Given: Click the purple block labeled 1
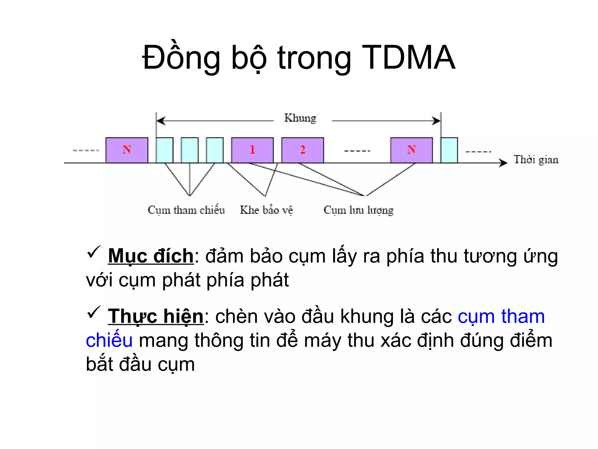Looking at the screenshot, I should pyautogui.click(x=252, y=150).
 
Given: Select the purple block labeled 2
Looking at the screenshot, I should pyautogui.click(x=303, y=150).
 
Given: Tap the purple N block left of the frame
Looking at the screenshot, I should pyautogui.click(x=127, y=150).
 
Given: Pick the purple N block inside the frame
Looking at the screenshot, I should pyautogui.click(x=411, y=150).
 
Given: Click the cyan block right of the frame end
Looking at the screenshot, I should pyautogui.click(x=449, y=150).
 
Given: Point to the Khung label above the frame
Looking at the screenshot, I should pyautogui.click(x=300, y=118).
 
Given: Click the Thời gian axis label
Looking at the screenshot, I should pyautogui.click(x=536, y=160).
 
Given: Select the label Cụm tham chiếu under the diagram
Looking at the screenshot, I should pyautogui.click(x=186, y=210).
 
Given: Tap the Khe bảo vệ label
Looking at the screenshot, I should pyautogui.click(x=266, y=210).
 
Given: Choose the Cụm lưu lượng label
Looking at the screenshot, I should pyautogui.click(x=359, y=210).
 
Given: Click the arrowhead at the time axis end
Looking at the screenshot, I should pyautogui.click(x=503, y=163).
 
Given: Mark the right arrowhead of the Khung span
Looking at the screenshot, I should pyautogui.click(x=436, y=121).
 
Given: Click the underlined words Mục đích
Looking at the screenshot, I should pyautogui.click(x=151, y=256).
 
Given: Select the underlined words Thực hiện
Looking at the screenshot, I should pyautogui.click(x=156, y=317).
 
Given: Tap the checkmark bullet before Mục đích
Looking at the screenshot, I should pyautogui.click(x=94, y=252).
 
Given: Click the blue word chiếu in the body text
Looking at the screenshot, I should pyautogui.click(x=109, y=341).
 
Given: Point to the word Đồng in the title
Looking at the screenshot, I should pyautogui.click(x=181, y=58).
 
